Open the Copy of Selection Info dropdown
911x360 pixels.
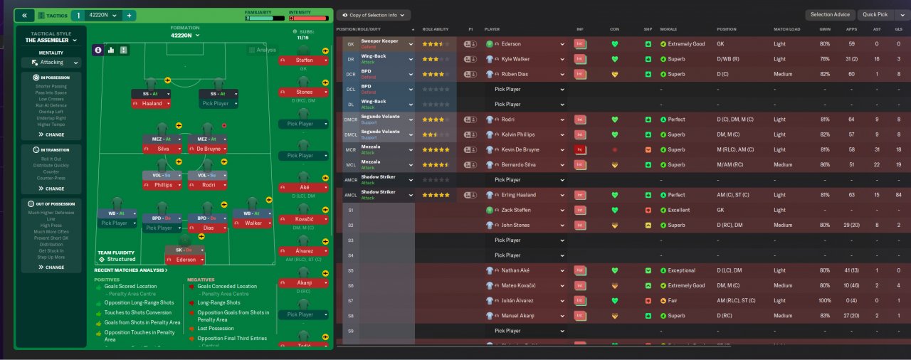point(373,14)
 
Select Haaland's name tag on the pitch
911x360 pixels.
point(151,103)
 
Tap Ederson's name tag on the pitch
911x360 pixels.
point(185,260)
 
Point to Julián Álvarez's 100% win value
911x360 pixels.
point(824,301)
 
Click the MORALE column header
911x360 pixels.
point(668,29)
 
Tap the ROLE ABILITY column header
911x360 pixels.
point(436,29)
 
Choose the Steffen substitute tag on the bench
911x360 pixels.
point(304,60)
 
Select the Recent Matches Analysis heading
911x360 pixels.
point(131,270)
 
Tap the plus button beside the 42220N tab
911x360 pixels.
point(129,15)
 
